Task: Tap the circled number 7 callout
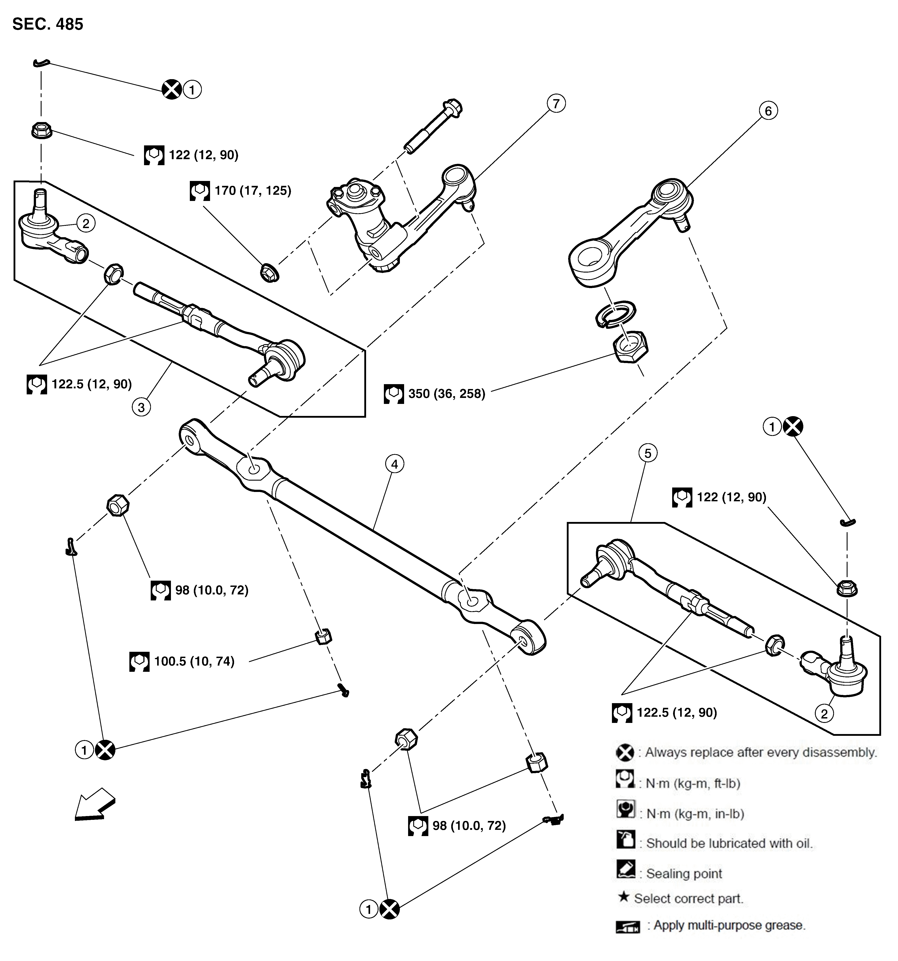[556, 103]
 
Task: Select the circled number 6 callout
[768, 111]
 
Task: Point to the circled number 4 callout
[395, 464]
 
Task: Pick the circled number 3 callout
[141, 407]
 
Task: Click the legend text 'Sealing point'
[684, 873]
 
